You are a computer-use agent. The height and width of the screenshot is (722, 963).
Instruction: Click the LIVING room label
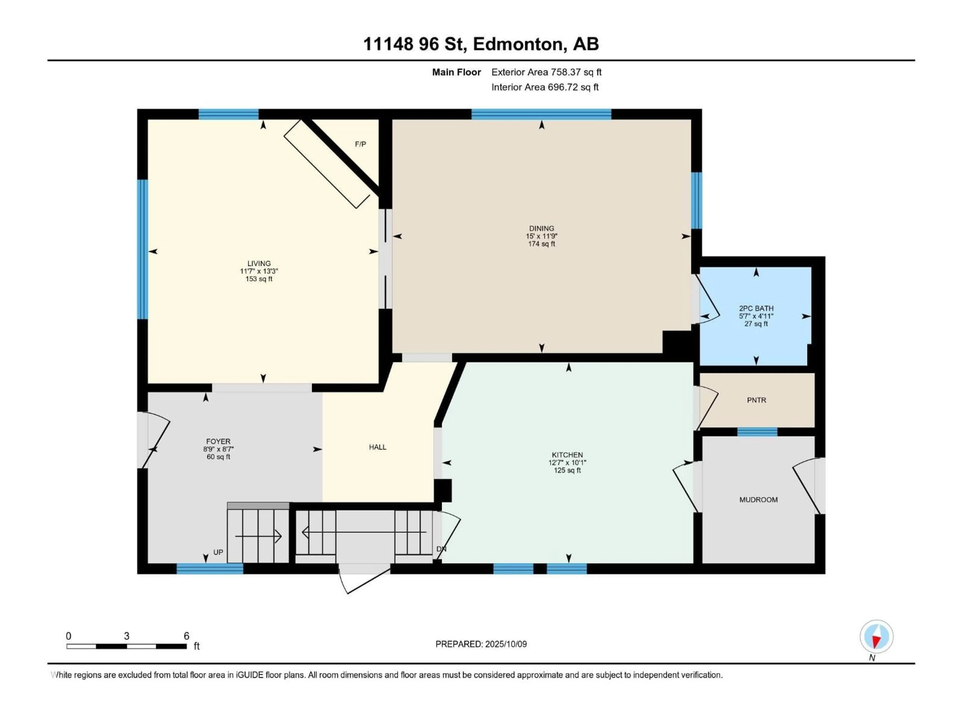pos(259,263)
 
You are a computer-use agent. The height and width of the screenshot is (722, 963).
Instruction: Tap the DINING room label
pos(542,228)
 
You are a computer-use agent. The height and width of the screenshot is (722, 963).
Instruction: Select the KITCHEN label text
pos(567,455)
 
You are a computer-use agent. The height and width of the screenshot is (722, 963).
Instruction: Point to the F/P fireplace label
pos(360,144)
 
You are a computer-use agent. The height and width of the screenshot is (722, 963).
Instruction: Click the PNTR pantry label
pos(757,400)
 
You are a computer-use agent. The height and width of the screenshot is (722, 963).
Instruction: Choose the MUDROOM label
pos(758,500)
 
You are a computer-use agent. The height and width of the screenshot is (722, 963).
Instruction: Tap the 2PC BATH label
pos(756,308)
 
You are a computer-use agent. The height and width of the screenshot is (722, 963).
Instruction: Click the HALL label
pos(377,447)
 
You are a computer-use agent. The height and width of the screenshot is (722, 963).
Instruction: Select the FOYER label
pos(218,441)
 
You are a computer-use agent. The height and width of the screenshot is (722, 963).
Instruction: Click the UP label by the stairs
pos(218,552)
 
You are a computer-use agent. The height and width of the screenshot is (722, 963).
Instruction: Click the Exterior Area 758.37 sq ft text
pos(546,72)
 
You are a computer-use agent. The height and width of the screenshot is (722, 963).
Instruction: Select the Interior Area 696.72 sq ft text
pos(545,87)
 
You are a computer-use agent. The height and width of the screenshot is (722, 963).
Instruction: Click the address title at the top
pos(481,44)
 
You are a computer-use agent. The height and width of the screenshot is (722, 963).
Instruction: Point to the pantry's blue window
pos(757,432)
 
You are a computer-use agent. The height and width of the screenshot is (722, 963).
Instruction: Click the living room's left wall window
pos(142,249)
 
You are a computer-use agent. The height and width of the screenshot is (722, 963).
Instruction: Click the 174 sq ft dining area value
pos(542,244)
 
